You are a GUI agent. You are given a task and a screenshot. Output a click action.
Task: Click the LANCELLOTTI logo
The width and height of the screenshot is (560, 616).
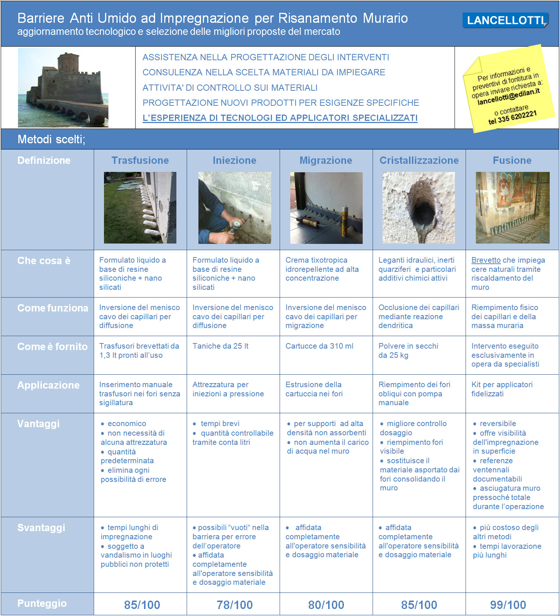(505, 20)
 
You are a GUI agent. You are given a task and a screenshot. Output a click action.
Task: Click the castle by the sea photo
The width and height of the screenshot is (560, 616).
(63, 88)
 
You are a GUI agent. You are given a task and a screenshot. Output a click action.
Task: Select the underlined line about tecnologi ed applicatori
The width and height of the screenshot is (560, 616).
(280, 118)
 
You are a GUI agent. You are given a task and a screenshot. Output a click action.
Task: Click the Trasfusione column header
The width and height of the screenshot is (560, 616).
(140, 161)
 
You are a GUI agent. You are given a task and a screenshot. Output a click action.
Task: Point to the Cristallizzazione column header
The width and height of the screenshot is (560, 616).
(419, 161)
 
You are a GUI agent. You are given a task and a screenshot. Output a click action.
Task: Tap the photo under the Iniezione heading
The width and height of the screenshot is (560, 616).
(234, 208)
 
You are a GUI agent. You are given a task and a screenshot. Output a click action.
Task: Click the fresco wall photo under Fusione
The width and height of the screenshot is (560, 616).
(512, 208)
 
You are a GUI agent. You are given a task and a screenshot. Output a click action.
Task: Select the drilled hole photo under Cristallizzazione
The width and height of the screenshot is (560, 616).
(419, 208)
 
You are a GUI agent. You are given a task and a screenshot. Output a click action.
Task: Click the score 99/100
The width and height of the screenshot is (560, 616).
(508, 605)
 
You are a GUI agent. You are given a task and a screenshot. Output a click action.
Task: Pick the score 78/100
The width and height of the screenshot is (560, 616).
(234, 605)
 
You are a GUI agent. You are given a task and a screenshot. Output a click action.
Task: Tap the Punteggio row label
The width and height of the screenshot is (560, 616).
(42, 604)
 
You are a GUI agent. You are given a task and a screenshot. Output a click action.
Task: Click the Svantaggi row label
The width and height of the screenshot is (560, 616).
(41, 528)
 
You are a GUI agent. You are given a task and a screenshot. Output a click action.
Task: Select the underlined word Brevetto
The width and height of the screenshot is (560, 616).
(486, 260)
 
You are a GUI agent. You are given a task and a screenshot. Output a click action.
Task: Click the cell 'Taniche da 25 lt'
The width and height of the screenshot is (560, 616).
(220, 346)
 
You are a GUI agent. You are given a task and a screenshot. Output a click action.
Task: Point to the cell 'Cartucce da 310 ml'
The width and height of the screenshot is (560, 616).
(319, 346)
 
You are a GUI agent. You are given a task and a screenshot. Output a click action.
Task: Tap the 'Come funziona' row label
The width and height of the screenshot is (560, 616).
(53, 308)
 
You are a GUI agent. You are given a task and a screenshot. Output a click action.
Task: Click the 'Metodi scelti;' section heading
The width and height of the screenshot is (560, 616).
(51, 139)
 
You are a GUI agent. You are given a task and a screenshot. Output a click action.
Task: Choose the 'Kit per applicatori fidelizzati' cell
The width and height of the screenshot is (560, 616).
(502, 389)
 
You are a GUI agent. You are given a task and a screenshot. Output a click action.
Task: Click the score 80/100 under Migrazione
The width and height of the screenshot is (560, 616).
(326, 605)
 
